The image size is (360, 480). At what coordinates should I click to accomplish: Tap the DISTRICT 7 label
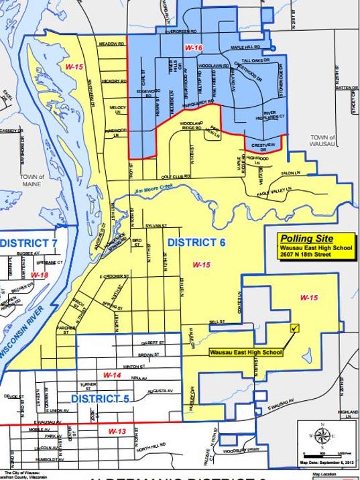[27, 242]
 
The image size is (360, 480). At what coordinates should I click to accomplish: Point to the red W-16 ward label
[194, 49]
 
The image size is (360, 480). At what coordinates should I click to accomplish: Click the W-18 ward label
[40, 275]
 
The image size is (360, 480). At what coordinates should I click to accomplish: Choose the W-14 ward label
[111, 375]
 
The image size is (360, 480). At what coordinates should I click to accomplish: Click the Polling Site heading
[306, 238]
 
